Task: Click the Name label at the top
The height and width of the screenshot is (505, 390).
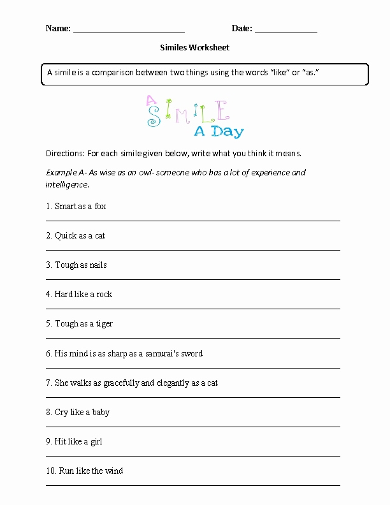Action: pyautogui.click(x=57, y=28)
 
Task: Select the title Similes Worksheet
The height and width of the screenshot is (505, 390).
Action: pyautogui.click(x=194, y=47)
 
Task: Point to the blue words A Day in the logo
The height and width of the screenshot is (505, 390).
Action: pyautogui.click(x=219, y=132)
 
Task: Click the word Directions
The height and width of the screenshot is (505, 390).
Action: pyautogui.click(x=64, y=154)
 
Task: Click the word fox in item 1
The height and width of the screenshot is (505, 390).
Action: pyautogui.click(x=100, y=207)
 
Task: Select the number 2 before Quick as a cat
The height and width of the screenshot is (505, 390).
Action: pyautogui.click(x=48, y=236)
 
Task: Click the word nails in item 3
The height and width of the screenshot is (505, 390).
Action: pyautogui.click(x=98, y=265)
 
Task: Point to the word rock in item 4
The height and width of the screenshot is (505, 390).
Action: pyautogui.click(x=104, y=295)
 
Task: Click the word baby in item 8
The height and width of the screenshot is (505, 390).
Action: pyautogui.click(x=101, y=413)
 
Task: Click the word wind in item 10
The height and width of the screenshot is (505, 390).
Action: pyautogui.click(x=114, y=471)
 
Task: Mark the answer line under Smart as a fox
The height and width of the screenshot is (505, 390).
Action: pyautogui.click(x=192, y=221)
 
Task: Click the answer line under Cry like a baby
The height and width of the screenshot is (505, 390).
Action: pyautogui.click(x=192, y=427)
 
